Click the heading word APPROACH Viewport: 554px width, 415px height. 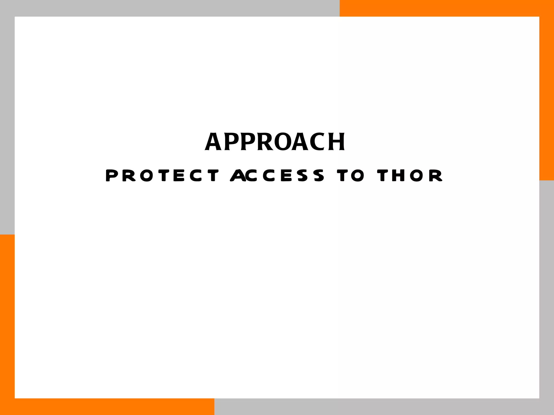[x=275, y=142]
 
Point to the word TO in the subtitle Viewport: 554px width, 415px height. [x=351, y=175]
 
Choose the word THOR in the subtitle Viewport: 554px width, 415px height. [x=410, y=175]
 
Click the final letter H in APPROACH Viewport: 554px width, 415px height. [x=337, y=142]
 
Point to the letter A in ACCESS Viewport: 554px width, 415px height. [x=238, y=175]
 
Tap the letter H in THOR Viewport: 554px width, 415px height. [x=398, y=175]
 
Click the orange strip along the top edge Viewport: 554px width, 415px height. [x=446, y=8]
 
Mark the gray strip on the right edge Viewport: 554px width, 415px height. [x=547, y=297]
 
